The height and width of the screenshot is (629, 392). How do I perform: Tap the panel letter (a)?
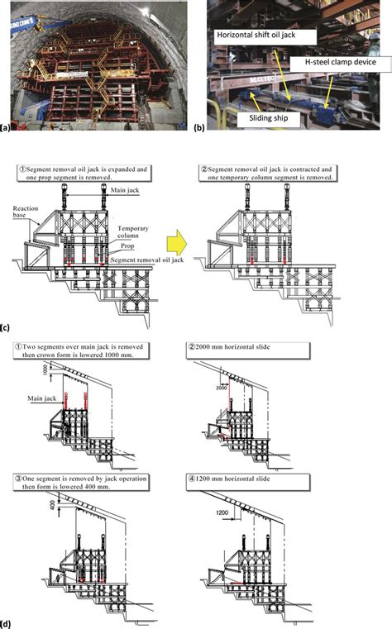coord(7,128)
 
